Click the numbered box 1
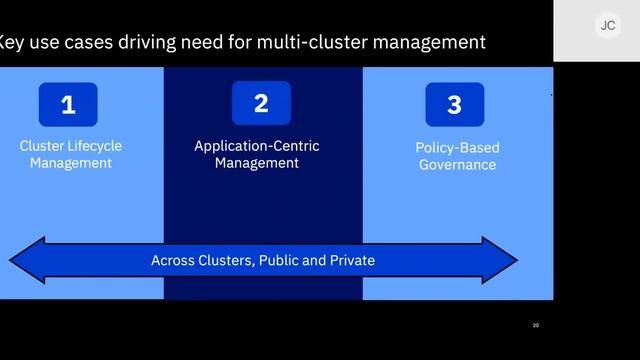click(x=68, y=104)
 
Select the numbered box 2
click(x=261, y=103)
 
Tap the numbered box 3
click(x=454, y=104)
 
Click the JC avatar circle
click(x=607, y=27)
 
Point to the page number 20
click(x=536, y=326)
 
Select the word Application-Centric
click(x=257, y=146)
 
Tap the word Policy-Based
click(x=457, y=148)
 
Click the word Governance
click(x=457, y=165)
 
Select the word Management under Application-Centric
click(x=257, y=163)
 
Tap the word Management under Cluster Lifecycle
click(x=71, y=163)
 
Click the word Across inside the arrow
click(x=171, y=260)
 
